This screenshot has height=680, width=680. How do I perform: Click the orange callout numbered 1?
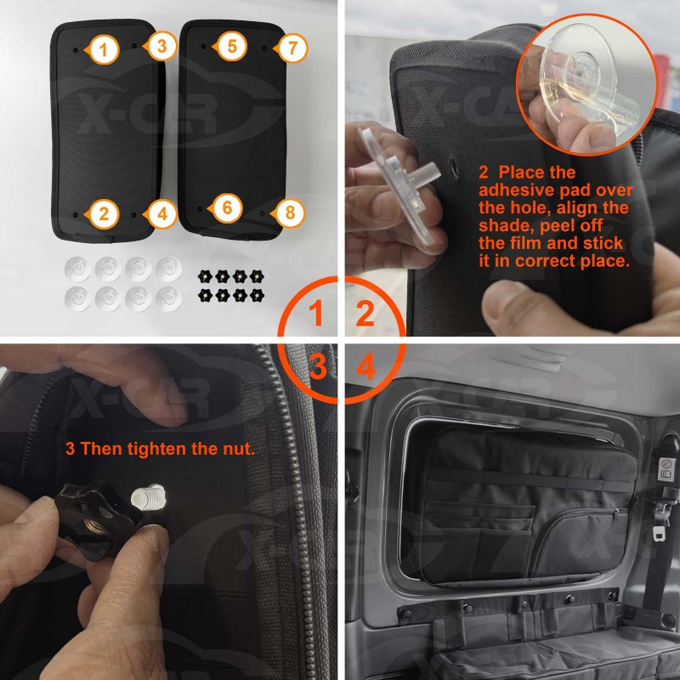coord(103,50)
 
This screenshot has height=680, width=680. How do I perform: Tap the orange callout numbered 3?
coord(161,46)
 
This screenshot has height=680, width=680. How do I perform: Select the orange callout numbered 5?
coord(231,46)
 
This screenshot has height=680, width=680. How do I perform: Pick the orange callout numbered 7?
coord(292,48)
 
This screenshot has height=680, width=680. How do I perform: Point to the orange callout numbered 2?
coord(103,214)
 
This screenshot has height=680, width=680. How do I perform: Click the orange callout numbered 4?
coord(161,214)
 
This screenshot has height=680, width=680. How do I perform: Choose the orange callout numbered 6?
coord(226,208)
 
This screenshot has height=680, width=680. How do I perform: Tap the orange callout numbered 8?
coord(289,212)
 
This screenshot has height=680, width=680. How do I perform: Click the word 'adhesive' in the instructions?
coord(516,190)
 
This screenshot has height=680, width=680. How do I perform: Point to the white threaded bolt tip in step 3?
coord(149,496)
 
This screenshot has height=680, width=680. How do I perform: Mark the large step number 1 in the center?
coord(315,313)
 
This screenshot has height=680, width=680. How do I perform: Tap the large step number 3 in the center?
coord(318,365)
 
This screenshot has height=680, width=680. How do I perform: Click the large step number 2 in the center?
coord(365,313)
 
